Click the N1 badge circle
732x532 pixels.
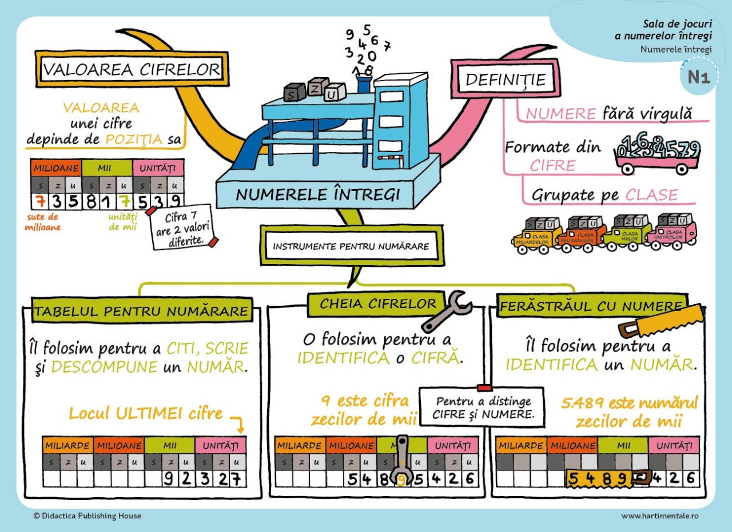698,77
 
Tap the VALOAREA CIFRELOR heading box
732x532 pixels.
132,70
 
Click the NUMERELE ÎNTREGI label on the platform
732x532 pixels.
317,194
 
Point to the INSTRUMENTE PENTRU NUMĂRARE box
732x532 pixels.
351,247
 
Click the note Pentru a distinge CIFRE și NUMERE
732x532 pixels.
482,407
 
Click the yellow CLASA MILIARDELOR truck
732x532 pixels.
532,235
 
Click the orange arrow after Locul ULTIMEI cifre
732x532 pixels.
237,423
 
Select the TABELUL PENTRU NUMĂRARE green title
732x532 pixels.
142,311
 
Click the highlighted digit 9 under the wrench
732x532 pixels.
403,478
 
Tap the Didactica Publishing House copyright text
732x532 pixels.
87,516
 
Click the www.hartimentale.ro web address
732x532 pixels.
660,516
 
